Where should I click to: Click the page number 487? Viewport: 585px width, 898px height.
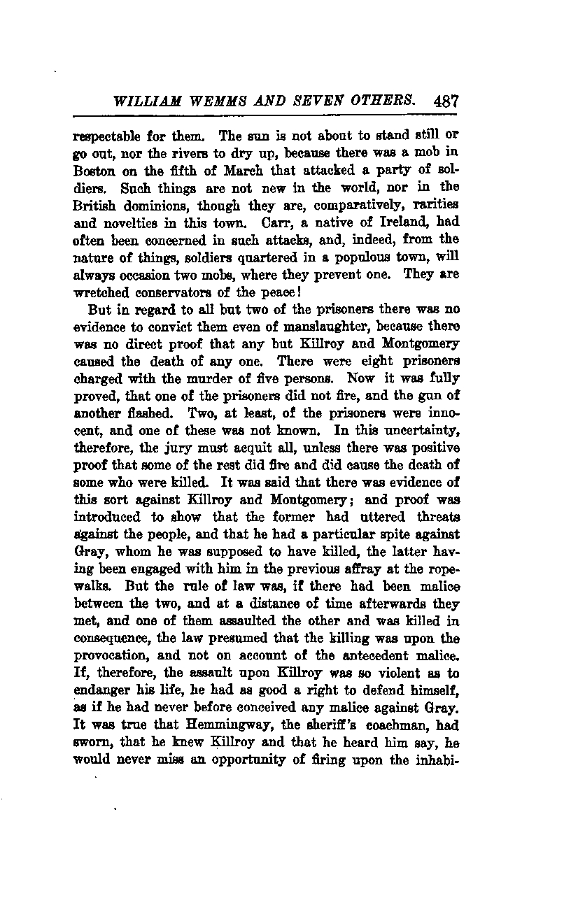click(x=446, y=100)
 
